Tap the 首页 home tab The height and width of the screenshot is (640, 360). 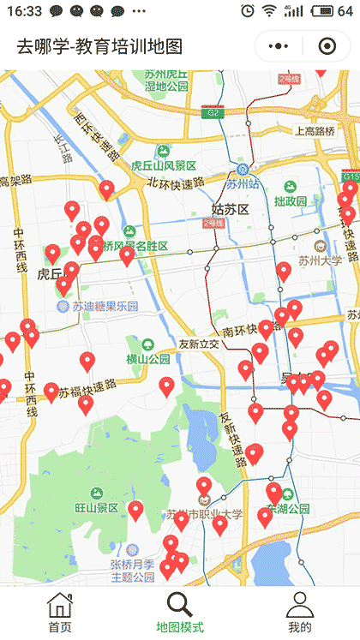(x=60, y=613)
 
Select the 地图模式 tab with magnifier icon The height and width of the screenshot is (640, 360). (x=180, y=613)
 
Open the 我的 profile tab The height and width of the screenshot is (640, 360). (x=300, y=613)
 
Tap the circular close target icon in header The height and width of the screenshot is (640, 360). (x=327, y=46)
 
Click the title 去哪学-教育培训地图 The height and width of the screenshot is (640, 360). (x=99, y=46)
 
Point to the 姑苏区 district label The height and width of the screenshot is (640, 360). (x=230, y=209)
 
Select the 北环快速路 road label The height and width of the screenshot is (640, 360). (x=176, y=182)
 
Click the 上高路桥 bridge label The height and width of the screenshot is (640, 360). (x=315, y=131)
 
